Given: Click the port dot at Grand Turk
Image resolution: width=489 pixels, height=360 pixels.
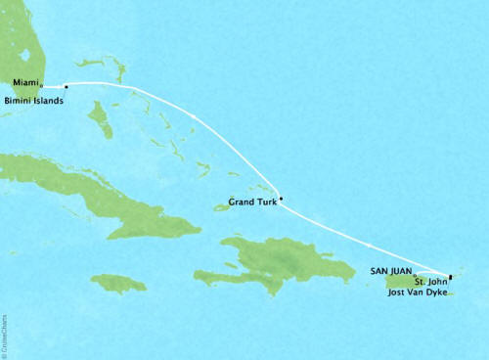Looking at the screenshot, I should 281,200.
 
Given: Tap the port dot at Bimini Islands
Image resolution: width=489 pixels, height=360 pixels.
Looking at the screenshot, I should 66,86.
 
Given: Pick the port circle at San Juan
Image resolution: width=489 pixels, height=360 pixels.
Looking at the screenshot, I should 415,275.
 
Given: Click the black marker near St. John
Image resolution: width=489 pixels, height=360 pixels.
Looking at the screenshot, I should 449,277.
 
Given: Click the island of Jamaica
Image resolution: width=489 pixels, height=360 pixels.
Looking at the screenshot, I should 117,283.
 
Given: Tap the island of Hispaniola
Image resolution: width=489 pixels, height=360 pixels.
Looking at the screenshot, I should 274,259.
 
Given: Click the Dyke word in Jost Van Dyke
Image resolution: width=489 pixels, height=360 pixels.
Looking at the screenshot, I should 440,292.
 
